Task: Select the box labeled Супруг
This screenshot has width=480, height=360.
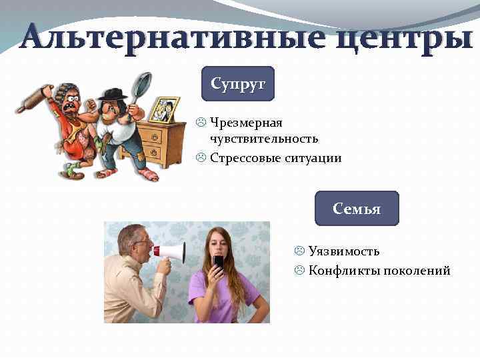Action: [x=238, y=84]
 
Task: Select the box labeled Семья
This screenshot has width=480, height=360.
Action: [x=357, y=209]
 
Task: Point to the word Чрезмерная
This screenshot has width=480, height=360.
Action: [x=246, y=123]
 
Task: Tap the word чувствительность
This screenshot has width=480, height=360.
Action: [x=264, y=139]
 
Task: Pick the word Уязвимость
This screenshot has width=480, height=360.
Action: [x=344, y=251]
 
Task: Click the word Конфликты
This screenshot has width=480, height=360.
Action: [x=341, y=271]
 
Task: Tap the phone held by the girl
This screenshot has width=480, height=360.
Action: [x=218, y=261]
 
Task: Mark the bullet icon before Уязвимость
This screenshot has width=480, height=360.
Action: [x=299, y=251]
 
